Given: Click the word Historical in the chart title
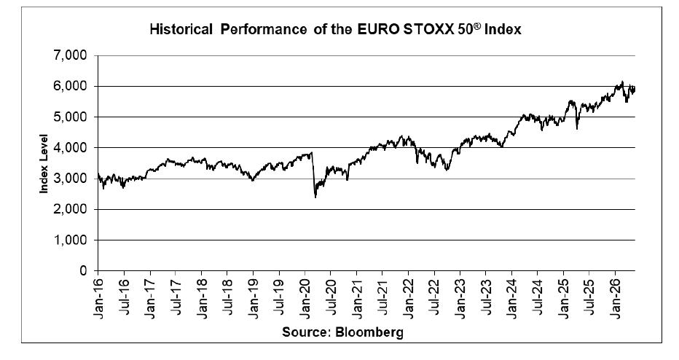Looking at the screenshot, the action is (x=181, y=29).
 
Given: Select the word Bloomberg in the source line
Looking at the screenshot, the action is (x=369, y=332).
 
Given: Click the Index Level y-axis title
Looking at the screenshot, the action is (x=44, y=163).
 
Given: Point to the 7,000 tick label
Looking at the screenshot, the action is (x=71, y=56).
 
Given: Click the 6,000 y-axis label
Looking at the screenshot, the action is (x=71, y=87).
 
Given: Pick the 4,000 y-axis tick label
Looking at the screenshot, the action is (x=71, y=148).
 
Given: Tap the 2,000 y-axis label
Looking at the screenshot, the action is (x=71, y=209).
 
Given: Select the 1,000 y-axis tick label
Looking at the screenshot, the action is (x=71, y=240).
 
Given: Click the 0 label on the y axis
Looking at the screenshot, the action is (x=84, y=271).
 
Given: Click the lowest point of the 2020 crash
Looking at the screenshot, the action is (x=315, y=197).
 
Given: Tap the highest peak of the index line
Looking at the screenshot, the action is (x=622, y=82).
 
